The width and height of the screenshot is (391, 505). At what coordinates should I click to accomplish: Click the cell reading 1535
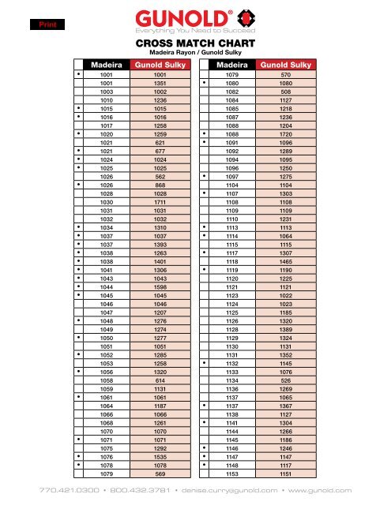click(x=160, y=455)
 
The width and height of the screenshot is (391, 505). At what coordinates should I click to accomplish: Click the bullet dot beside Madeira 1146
click(x=204, y=447)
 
